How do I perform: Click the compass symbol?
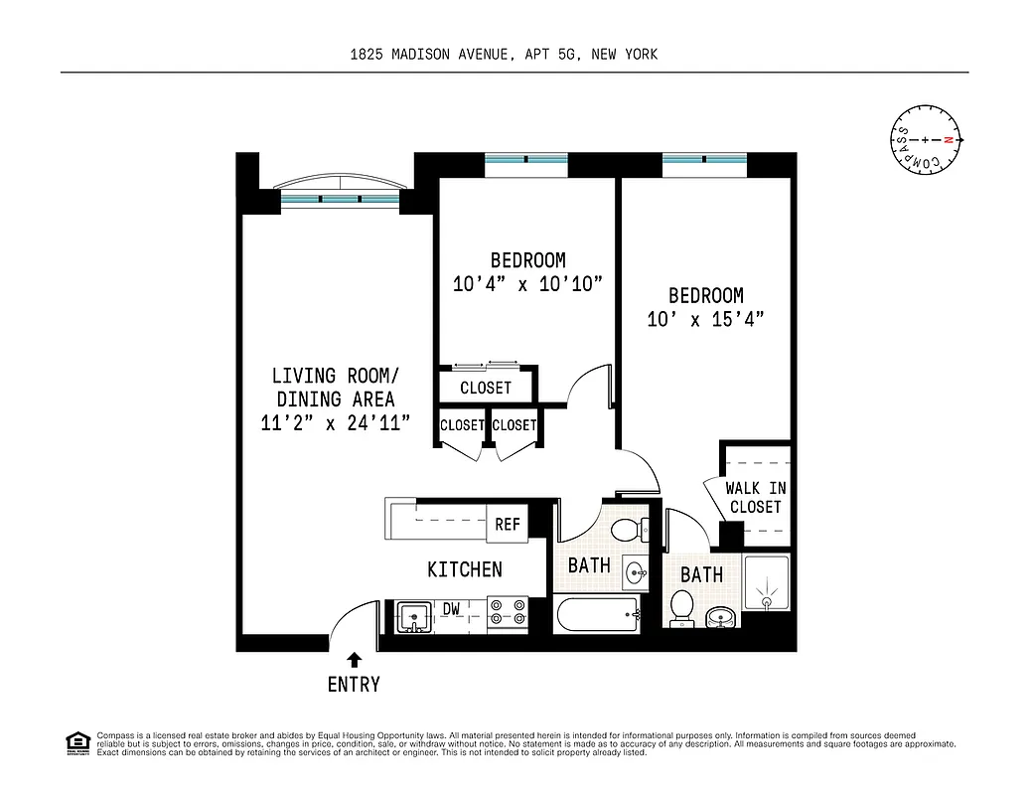925,141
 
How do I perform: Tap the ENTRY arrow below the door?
355,658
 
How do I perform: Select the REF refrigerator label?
507,524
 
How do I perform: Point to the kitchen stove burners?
508,616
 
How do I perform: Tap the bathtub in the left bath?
597,616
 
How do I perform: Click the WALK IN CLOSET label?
755,497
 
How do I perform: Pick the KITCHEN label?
464,569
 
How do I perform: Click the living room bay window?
340,194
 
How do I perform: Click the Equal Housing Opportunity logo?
77,741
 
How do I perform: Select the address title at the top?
504,55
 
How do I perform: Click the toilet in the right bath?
681,607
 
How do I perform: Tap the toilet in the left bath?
627,529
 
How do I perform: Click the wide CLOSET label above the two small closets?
486,388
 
